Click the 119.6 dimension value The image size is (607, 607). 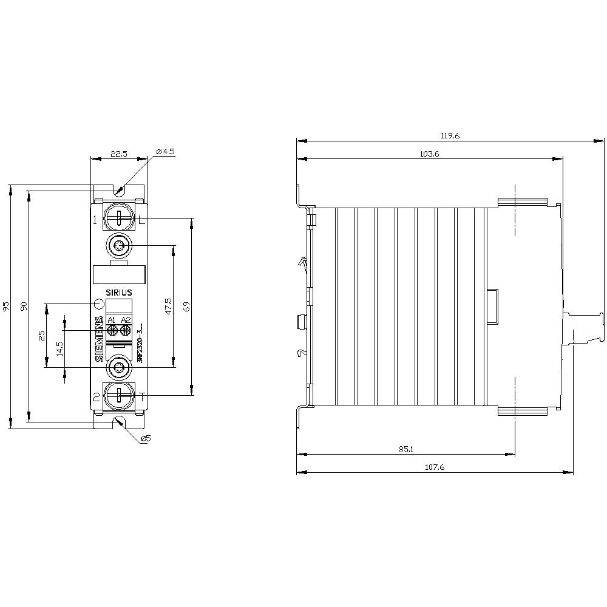[450, 137]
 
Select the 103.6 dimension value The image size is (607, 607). [429, 154]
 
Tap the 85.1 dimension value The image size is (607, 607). [406, 449]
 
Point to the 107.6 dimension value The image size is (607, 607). [435, 467]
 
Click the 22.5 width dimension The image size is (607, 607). [118, 154]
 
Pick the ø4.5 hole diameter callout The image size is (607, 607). [164, 151]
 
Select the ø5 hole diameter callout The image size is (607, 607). [144, 439]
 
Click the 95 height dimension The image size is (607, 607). [7, 307]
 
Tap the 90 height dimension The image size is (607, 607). [25, 307]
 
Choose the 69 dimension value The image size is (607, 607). [187, 307]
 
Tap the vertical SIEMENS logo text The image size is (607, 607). [100, 340]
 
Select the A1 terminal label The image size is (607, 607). [112, 320]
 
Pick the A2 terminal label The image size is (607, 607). [126, 320]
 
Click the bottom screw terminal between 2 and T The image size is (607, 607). [119, 396]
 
